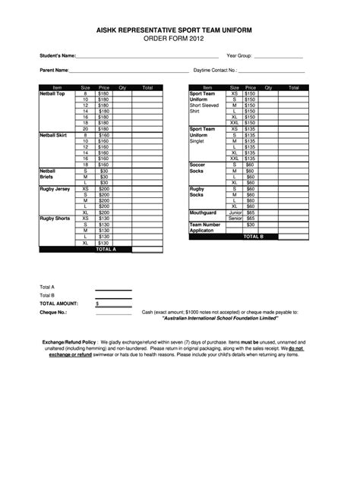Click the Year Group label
(x=239, y=55)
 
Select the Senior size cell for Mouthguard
(x=235, y=219)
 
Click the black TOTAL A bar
(x=103, y=249)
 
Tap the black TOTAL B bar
(x=253, y=237)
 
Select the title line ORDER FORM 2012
(x=179, y=38)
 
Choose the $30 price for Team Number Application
(x=250, y=225)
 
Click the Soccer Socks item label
(x=197, y=168)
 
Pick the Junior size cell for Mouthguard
(x=235, y=213)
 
